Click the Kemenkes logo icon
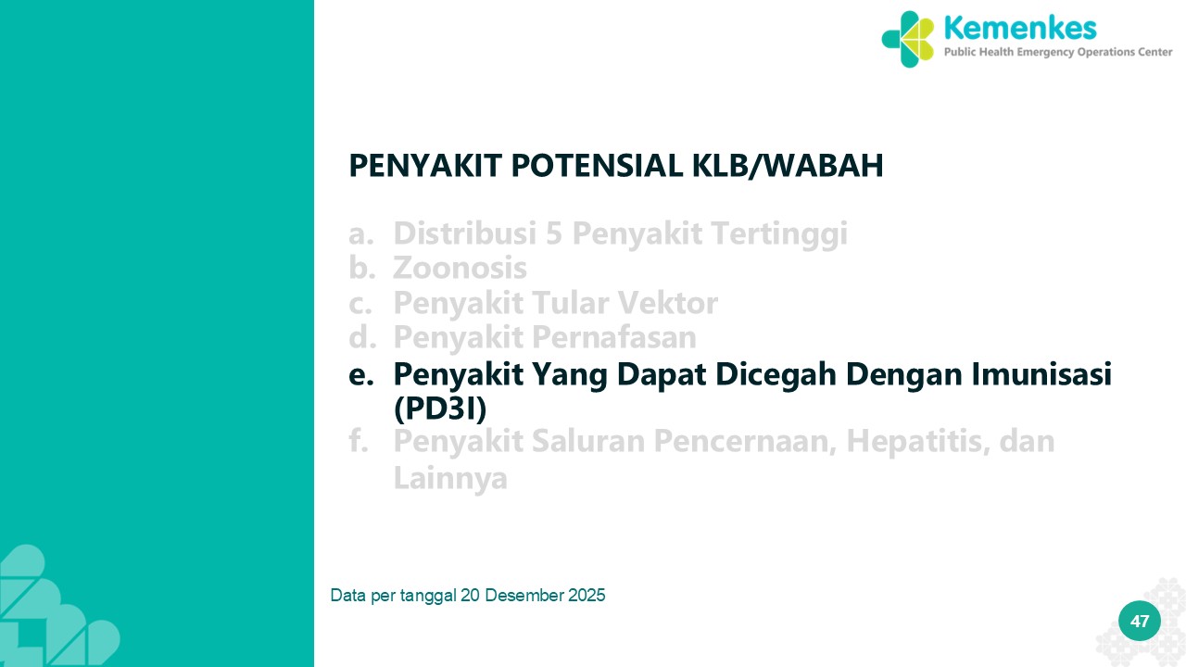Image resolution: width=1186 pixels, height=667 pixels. click(907, 39)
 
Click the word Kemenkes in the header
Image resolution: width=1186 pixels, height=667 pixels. click(1020, 28)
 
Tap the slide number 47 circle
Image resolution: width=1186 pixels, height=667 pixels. click(1140, 621)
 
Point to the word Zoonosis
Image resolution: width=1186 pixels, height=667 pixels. click(460, 268)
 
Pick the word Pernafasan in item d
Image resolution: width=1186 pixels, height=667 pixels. click(613, 336)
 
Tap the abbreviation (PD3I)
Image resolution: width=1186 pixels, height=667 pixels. click(440, 409)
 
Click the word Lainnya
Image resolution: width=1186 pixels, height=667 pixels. click(450, 478)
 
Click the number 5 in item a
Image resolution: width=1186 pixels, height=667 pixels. click(554, 233)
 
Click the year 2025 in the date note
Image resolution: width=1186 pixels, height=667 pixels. click(587, 596)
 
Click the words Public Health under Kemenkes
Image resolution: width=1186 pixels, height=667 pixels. click(979, 52)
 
